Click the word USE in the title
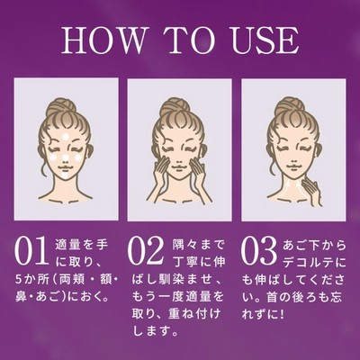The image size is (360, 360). click(x=265, y=40)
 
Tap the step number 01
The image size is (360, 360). click(x=31, y=251)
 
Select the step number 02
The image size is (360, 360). click(x=146, y=251)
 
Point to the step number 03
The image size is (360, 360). click(x=259, y=251)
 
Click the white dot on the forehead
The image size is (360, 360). click(x=65, y=138)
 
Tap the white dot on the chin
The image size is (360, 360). click(x=65, y=175)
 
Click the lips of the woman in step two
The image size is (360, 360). click(x=179, y=166)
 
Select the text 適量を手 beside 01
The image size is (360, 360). click(x=81, y=246)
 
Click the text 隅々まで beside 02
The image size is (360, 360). click(x=198, y=246)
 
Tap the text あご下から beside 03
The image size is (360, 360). click(x=314, y=246)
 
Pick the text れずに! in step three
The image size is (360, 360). click(x=263, y=314)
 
